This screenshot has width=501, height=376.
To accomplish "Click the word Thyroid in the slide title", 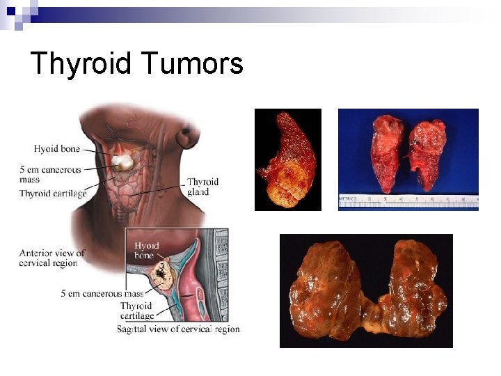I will coord(81,64).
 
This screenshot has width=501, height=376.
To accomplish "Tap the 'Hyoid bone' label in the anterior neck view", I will coord(56,149).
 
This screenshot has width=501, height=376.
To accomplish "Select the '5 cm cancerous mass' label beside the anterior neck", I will coord(51,174).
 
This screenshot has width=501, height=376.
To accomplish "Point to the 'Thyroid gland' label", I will coord(202,187).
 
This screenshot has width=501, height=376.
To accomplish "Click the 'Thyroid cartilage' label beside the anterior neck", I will coord(53,194).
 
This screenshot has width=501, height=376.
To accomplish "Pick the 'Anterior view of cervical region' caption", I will coord(52,258).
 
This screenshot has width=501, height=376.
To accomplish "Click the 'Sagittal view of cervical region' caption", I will coord(178,329).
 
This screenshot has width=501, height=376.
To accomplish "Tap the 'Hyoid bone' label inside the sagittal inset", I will coord(146,251).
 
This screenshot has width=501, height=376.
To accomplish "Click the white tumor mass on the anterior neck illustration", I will coord(123,163).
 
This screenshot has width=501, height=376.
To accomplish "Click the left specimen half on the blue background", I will coord(388,153).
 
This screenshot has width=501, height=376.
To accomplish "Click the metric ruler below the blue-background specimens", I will coord(408,201).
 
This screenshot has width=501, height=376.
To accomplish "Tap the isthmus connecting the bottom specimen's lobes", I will coord(372,321).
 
